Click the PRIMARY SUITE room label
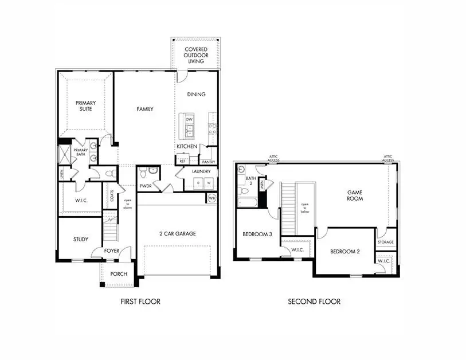pyautogui.click(x=85, y=106)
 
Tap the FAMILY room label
pyautogui.click(x=144, y=109)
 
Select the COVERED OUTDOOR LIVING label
pyautogui.click(x=195, y=55)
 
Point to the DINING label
pyautogui.click(x=196, y=94)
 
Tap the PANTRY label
pyautogui.click(x=208, y=162)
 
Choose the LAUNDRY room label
pyautogui.click(x=201, y=171)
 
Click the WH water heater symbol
pyautogui.click(x=212, y=198)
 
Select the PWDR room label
pyautogui.click(x=144, y=186)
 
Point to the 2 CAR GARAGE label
pyautogui.click(x=178, y=233)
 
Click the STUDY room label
pyautogui.click(x=80, y=239)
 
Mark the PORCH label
pyautogui.click(x=119, y=274)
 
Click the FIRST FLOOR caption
pyautogui.click(x=140, y=302)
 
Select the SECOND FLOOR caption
pyautogui.click(x=314, y=302)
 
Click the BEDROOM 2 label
pyautogui.click(x=344, y=251)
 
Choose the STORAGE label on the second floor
pyautogui.click(x=385, y=242)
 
